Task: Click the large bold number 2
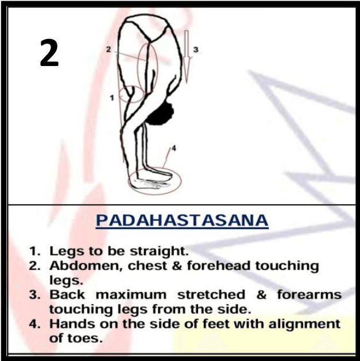pos(49,53)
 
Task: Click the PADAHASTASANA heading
pos(182,220)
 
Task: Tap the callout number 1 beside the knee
pos(112,98)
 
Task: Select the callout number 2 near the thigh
pos(109,49)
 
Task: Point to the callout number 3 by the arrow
pos(196,50)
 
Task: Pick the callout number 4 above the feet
pos(174,149)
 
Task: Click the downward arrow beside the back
pos(187,56)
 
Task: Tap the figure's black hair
pos(161,114)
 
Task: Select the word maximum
pos(131,295)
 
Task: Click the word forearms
pos(309,294)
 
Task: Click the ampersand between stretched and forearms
pos(261,295)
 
